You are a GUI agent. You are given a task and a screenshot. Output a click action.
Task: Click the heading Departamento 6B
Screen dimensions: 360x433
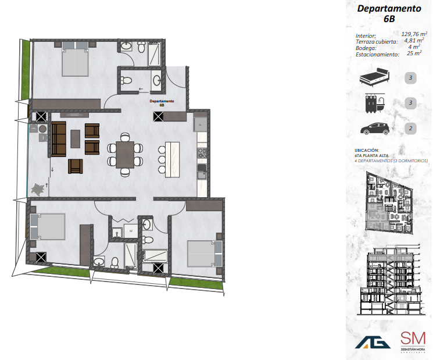tap(388, 13)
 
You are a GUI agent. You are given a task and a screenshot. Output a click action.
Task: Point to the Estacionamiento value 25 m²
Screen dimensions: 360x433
tap(414, 54)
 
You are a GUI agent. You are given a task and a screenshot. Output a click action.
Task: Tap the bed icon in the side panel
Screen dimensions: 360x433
tap(373, 76)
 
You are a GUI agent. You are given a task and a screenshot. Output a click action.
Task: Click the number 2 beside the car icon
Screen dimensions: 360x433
tap(411, 129)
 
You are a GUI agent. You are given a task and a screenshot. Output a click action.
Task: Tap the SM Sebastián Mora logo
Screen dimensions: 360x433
tap(413, 341)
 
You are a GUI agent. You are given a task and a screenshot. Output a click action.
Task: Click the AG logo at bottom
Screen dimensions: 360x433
tap(373, 341)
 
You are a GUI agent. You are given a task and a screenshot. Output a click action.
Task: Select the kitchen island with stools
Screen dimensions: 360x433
tap(173, 159)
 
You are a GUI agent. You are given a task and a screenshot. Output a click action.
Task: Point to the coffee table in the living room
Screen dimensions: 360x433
tap(76, 138)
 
